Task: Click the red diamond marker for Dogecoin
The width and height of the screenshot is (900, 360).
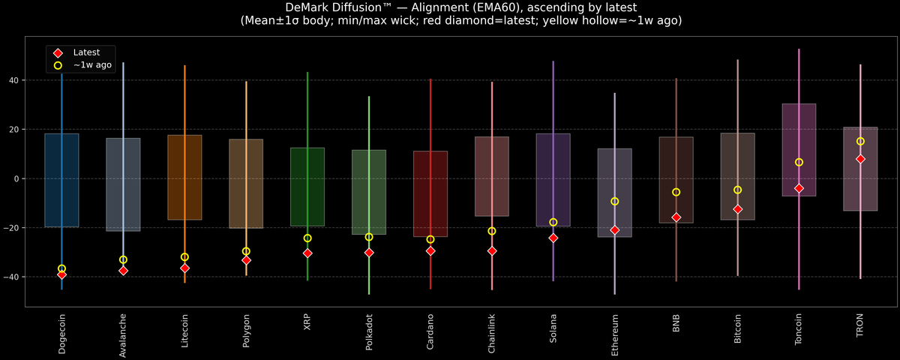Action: (x=61, y=274)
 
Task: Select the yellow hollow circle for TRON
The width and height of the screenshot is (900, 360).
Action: (x=860, y=141)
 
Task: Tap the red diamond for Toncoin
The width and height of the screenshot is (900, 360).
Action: (x=799, y=188)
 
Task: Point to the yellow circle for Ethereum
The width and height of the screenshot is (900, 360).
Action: (x=615, y=201)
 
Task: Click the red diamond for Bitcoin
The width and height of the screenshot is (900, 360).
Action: (x=737, y=209)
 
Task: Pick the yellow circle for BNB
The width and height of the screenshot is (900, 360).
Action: (x=676, y=192)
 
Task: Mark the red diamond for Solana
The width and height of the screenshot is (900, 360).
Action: (x=553, y=238)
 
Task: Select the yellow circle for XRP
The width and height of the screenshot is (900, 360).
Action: (x=307, y=238)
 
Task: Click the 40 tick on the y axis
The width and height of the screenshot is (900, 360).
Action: (x=14, y=80)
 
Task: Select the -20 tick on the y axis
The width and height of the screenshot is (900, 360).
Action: (x=12, y=228)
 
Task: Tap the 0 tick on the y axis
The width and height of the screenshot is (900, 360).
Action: (x=16, y=178)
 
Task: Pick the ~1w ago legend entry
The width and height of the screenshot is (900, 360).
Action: (x=92, y=65)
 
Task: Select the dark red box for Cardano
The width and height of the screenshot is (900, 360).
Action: (x=430, y=193)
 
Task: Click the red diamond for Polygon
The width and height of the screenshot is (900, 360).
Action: (x=246, y=260)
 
